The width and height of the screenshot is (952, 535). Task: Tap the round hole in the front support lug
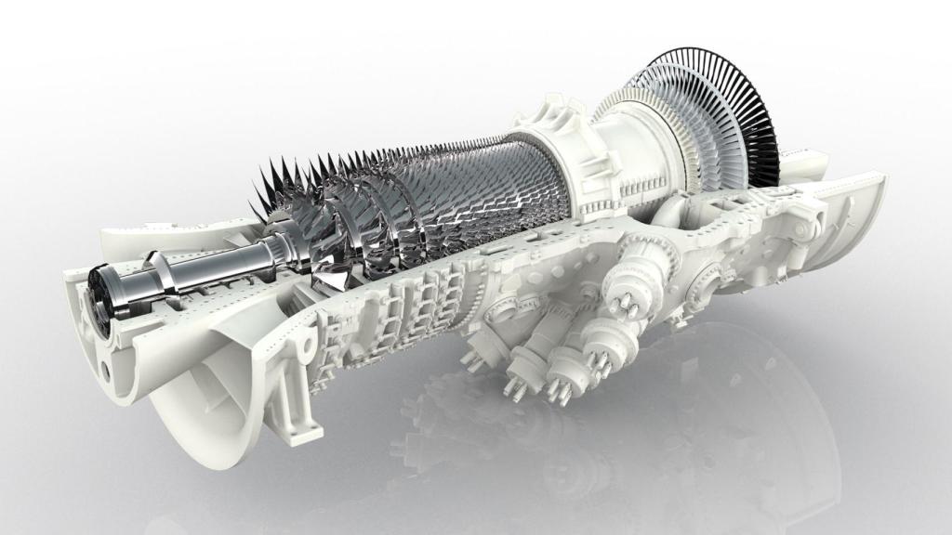point(302,351)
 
